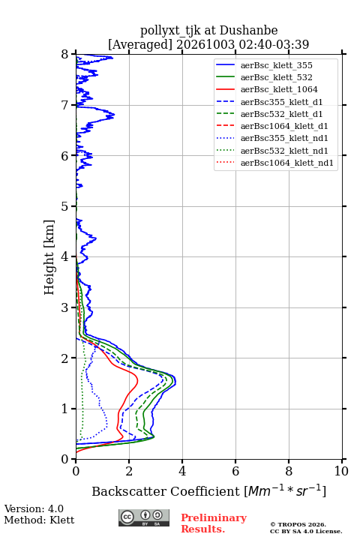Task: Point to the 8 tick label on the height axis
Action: (65, 55)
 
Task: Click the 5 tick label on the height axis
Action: (65, 206)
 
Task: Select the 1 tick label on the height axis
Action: (65, 409)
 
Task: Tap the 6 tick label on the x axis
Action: (235, 471)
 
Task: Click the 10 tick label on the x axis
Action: (341, 471)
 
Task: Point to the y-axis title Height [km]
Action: (49, 257)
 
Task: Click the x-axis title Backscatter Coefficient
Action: (166, 491)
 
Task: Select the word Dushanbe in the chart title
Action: (248, 31)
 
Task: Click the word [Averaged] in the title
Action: (140, 44)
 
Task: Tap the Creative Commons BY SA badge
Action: (144, 518)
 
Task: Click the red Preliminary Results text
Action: (214, 523)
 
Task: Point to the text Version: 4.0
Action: (34, 509)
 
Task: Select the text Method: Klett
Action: (39, 520)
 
